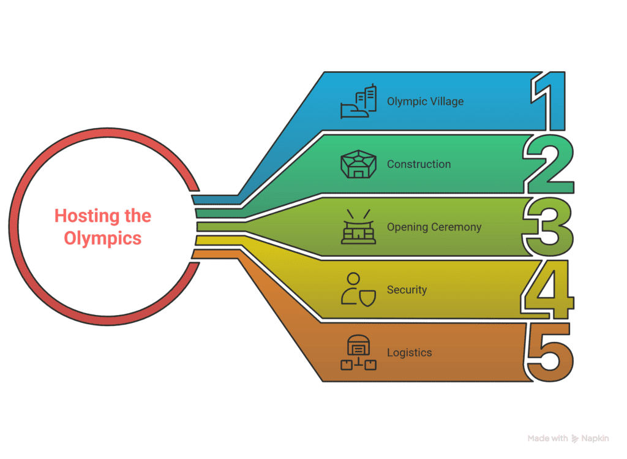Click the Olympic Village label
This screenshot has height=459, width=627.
click(x=425, y=102)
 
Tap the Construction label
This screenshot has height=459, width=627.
click(x=419, y=164)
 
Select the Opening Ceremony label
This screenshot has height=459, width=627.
click(x=434, y=227)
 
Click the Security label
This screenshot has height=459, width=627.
click(x=407, y=290)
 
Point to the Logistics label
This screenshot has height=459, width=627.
click(x=409, y=352)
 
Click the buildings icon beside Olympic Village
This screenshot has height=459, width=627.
click(x=358, y=101)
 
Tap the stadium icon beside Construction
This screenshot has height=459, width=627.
click(x=358, y=164)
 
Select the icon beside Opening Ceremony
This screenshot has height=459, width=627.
click(x=358, y=227)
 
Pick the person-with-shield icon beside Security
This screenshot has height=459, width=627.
click(x=358, y=290)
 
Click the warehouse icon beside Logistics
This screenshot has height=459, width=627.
click(x=358, y=352)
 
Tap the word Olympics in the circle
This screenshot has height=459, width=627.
click(x=103, y=238)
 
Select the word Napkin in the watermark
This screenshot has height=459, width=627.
click(x=595, y=439)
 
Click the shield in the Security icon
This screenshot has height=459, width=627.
click(x=367, y=298)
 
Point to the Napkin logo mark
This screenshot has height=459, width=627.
click(x=574, y=439)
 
